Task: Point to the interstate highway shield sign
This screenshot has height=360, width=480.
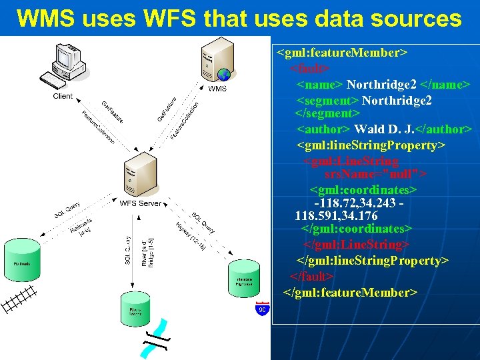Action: click(262, 310)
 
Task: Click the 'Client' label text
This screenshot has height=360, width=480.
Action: click(63, 97)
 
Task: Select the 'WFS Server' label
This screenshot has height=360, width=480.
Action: click(140, 203)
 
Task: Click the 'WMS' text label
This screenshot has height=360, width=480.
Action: click(217, 89)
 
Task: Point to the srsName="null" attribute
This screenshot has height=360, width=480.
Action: click(375, 175)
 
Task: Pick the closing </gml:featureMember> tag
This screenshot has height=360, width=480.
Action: click(350, 293)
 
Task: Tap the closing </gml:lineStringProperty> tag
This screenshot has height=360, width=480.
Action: click(373, 260)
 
